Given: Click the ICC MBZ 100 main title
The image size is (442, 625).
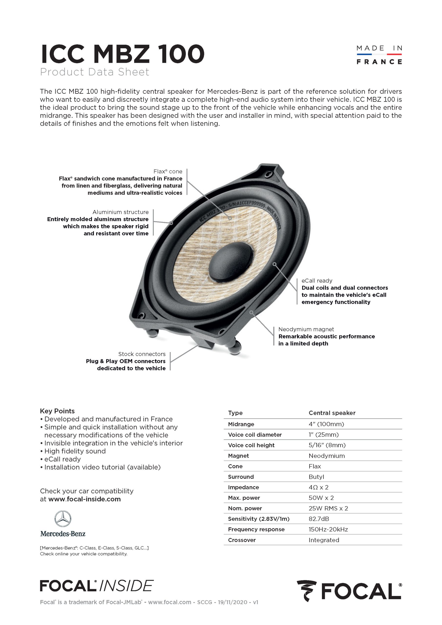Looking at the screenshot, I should [122, 54].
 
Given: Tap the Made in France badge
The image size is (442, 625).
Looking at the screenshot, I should [379, 55].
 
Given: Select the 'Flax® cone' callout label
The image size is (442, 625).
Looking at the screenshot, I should [168, 171].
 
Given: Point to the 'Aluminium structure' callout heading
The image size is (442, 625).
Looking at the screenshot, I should [120, 212].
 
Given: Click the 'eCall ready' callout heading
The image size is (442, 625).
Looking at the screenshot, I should [317, 281].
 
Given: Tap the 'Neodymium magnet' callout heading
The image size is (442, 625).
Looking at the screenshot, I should [306, 329].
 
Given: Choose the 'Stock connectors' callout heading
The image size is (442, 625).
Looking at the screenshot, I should [142, 354].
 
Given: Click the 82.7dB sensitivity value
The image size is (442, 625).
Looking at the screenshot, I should [319, 519].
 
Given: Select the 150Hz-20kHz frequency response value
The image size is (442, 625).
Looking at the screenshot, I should [328, 530].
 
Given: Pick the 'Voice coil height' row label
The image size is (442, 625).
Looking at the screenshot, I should [251, 445].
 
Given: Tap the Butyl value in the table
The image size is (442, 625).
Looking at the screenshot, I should [316, 477].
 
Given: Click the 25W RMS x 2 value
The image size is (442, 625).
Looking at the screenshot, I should [328, 509].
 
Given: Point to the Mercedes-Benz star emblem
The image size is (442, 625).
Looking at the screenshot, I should [63, 519].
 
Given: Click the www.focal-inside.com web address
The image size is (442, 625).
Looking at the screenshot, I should [84, 499].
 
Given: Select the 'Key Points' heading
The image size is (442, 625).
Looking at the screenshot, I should [57, 411].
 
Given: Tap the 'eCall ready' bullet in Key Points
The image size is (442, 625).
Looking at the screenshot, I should [62, 459].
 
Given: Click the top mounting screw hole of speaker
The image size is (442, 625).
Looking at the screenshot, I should [269, 173].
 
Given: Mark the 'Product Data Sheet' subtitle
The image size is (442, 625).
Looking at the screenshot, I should [94, 72].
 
